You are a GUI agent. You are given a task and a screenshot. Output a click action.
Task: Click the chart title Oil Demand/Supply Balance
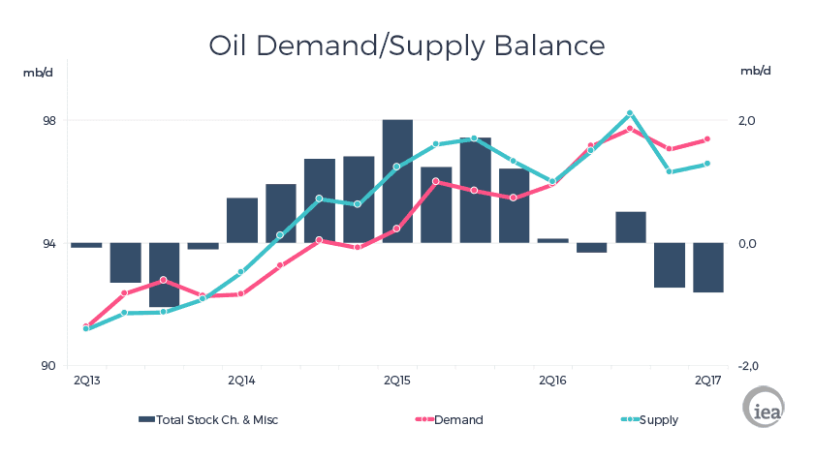tap(407, 46)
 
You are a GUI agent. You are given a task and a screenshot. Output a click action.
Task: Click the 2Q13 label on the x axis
tap(86, 380)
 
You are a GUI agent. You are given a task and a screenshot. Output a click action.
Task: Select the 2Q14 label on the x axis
tap(241, 380)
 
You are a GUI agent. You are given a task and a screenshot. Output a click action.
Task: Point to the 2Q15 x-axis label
tap(397, 380)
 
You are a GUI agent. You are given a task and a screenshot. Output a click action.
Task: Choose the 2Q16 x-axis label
tap(552, 380)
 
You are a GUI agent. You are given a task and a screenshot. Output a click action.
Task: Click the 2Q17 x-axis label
tap(708, 380)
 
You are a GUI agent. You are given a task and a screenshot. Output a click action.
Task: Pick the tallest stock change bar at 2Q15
tap(397, 181)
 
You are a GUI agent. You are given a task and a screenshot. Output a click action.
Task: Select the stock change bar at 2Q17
tap(708, 267)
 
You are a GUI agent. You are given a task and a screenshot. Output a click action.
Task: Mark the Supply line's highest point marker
tap(630, 113)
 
